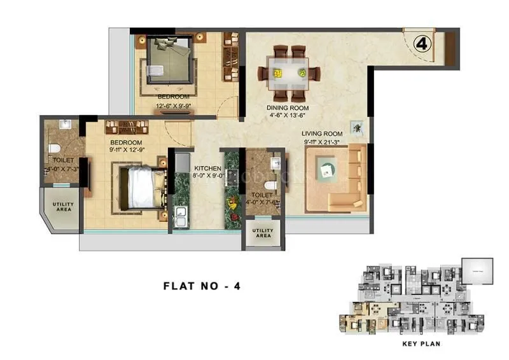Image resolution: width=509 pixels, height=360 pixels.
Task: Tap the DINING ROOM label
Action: [287, 107]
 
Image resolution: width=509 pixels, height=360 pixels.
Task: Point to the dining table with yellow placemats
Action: [288, 68]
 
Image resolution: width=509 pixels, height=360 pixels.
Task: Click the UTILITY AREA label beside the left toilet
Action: [62, 207]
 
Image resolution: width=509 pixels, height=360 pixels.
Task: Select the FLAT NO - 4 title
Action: [202, 286]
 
